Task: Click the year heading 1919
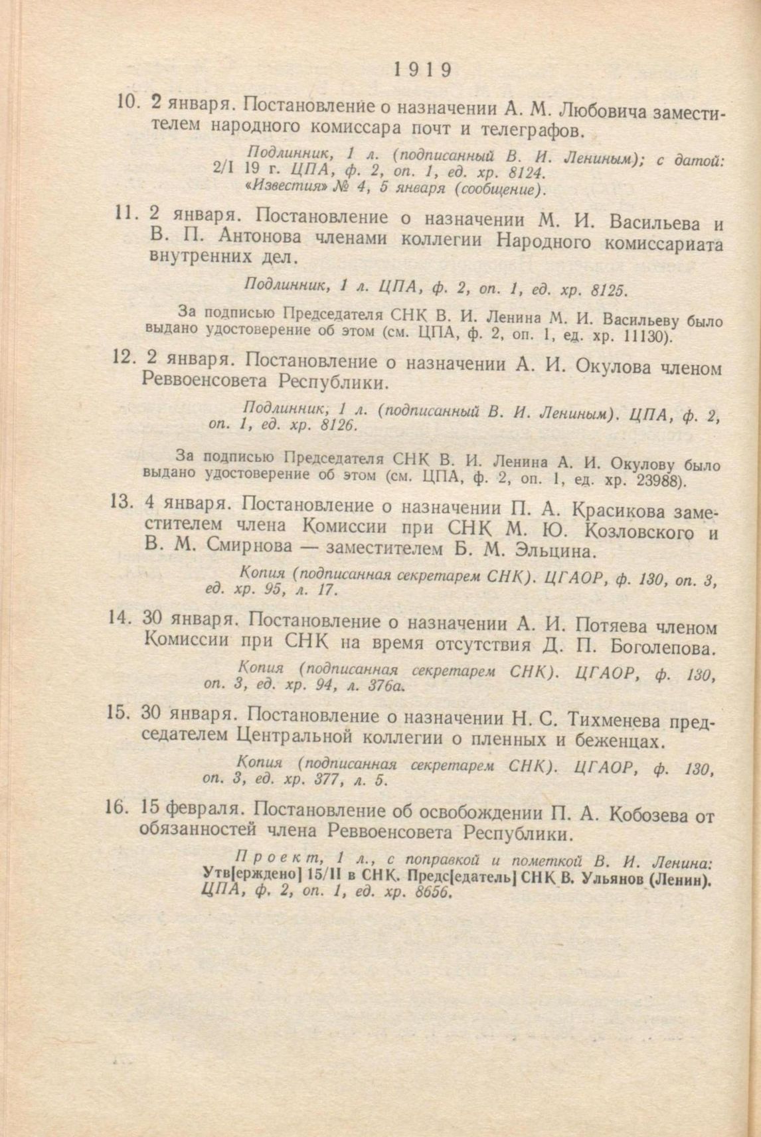point(422,68)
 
